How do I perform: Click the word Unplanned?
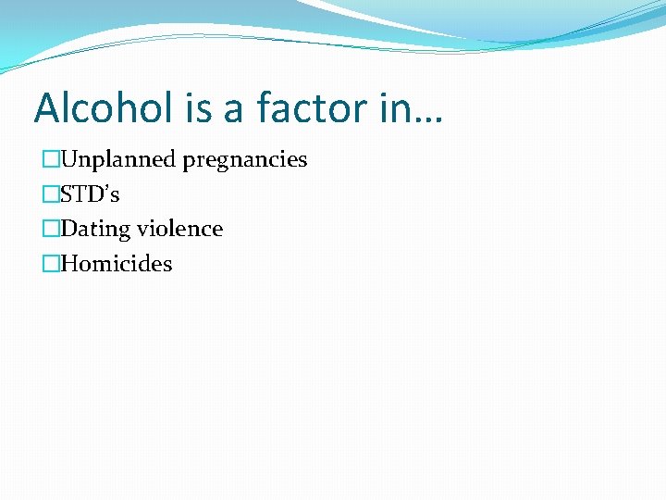(x=117, y=159)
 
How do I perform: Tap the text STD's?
(x=90, y=194)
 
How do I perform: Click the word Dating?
(x=95, y=230)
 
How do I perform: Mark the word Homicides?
(x=116, y=264)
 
